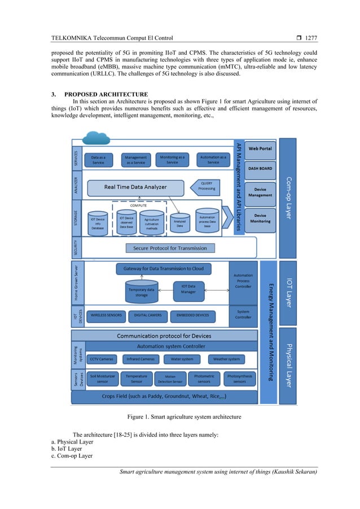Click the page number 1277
click(x=311, y=38)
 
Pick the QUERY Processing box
click(x=207, y=186)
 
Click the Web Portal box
click(x=260, y=148)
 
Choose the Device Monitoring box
click(x=260, y=218)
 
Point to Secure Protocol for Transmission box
click(x=170, y=248)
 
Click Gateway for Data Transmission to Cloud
click(x=164, y=268)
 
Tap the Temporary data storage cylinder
click(x=141, y=291)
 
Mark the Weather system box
click(x=227, y=359)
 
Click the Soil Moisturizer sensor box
click(x=102, y=379)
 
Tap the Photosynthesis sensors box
click(x=240, y=379)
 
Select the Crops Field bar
click(x=164, y=397)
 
